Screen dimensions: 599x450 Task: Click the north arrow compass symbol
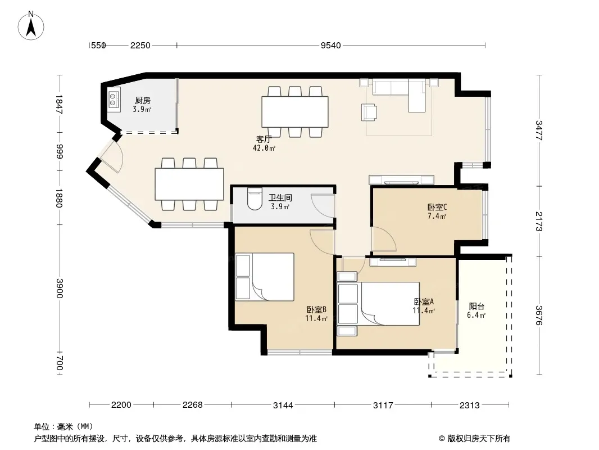(31, 26)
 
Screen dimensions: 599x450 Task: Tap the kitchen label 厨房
(143, 101)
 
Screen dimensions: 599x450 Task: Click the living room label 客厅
(264, 139)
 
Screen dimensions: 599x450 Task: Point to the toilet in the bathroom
(255, 199)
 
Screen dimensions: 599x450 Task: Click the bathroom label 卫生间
(280, 197)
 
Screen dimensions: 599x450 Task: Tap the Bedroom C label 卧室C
(437, 207)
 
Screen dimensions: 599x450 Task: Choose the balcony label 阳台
(477, 306)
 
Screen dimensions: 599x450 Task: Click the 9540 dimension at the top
(330, 46)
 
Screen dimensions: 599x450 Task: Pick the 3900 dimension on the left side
(59, 288)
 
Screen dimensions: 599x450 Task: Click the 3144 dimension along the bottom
(283, 405)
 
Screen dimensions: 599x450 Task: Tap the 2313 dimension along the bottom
(470, 405)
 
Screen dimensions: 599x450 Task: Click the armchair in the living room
(369, 112)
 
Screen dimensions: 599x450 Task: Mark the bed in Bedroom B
(265, 276)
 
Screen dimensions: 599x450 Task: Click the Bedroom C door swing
(384, 239)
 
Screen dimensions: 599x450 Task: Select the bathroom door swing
(323, 206)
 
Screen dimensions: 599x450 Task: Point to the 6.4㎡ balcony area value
(476, 316)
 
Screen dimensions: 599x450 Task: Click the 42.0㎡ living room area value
(264, 148)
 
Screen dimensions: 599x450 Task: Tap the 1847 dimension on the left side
(59, 104)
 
